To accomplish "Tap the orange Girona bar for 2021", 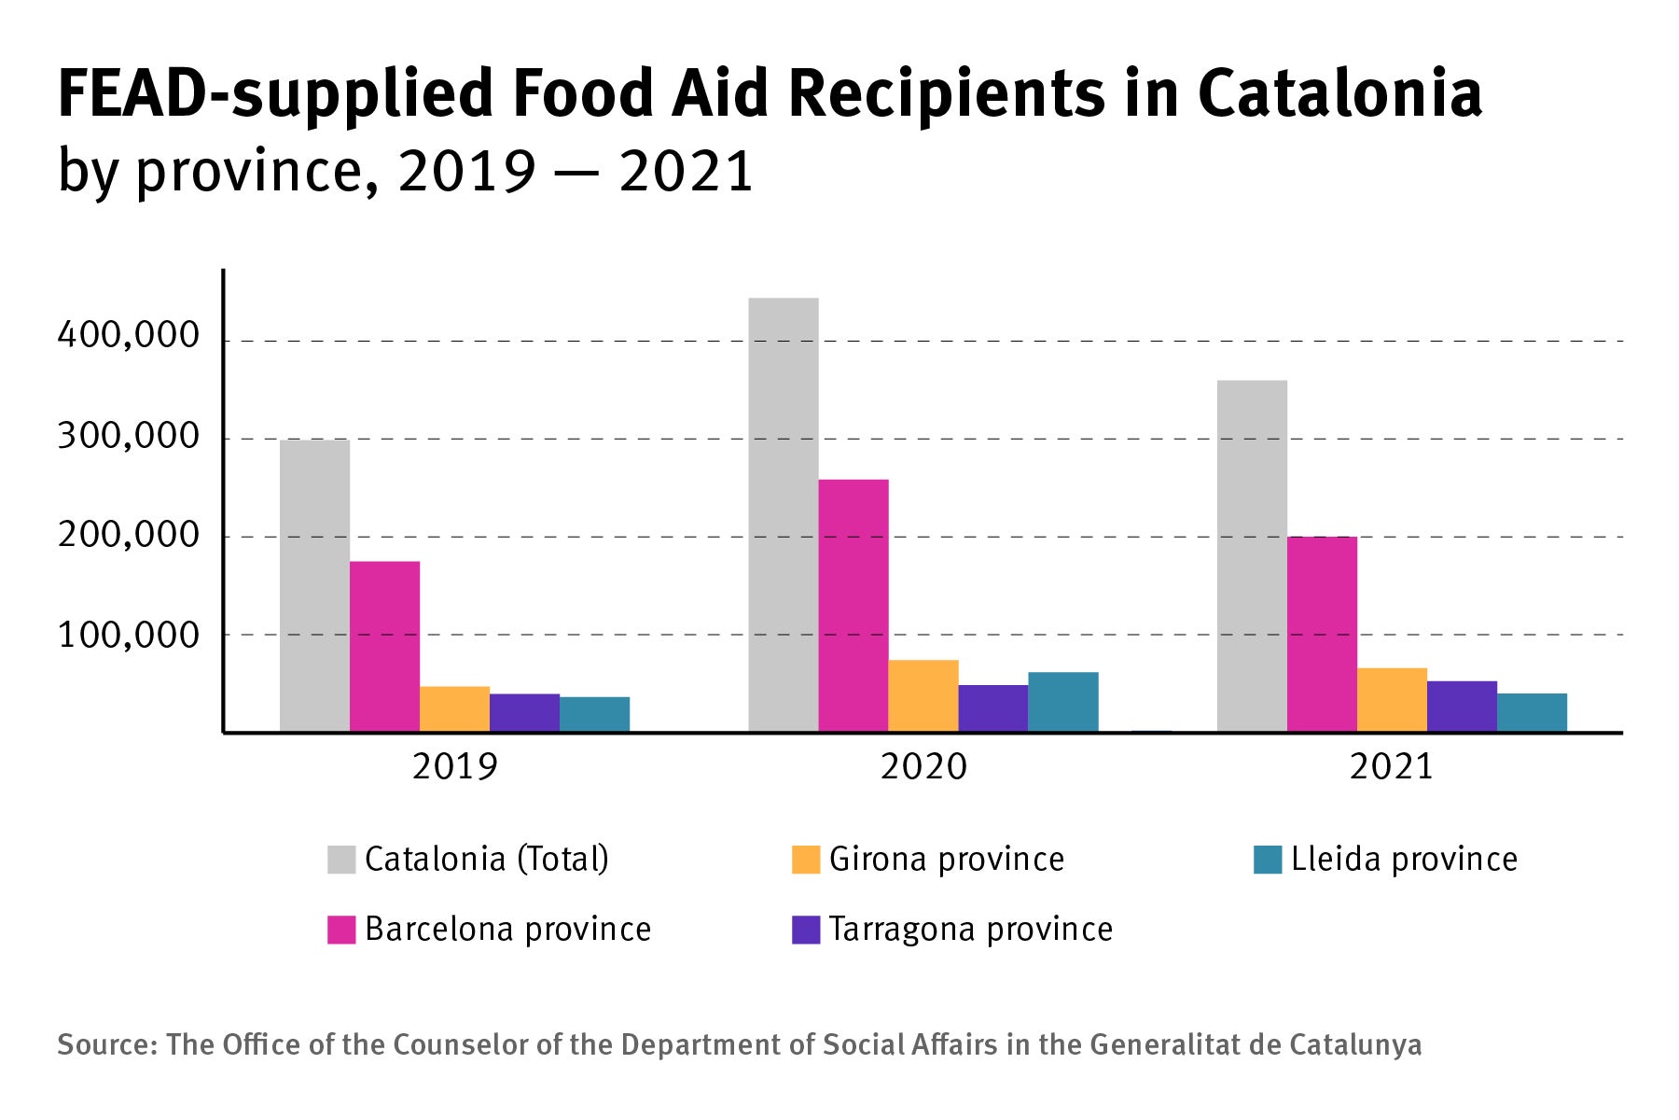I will coord(1392,700).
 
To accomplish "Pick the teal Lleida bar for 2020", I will coord(1063,702).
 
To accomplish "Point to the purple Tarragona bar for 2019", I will coord(524,713).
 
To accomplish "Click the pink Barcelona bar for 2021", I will coord(1322,635).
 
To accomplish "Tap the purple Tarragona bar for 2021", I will coord(1462,707).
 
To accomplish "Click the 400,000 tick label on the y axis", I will coord(129,334).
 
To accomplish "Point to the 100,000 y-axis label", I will coord(129,636).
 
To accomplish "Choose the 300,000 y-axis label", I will coord(129,436).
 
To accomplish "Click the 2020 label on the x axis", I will coord(923,767).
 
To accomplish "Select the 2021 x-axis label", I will coord(1391,767).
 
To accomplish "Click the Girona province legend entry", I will coord(946,859).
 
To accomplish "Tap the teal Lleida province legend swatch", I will coord(1268,860).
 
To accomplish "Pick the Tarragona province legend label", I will coord(970,930).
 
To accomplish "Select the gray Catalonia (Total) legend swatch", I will coord(341,860).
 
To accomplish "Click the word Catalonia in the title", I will coord(1339,93).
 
